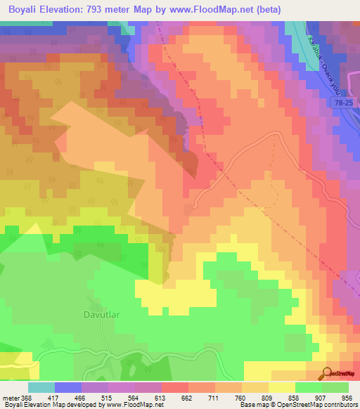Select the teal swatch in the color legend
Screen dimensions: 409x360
tap(41, 387)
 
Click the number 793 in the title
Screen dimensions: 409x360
tap(112, 9)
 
